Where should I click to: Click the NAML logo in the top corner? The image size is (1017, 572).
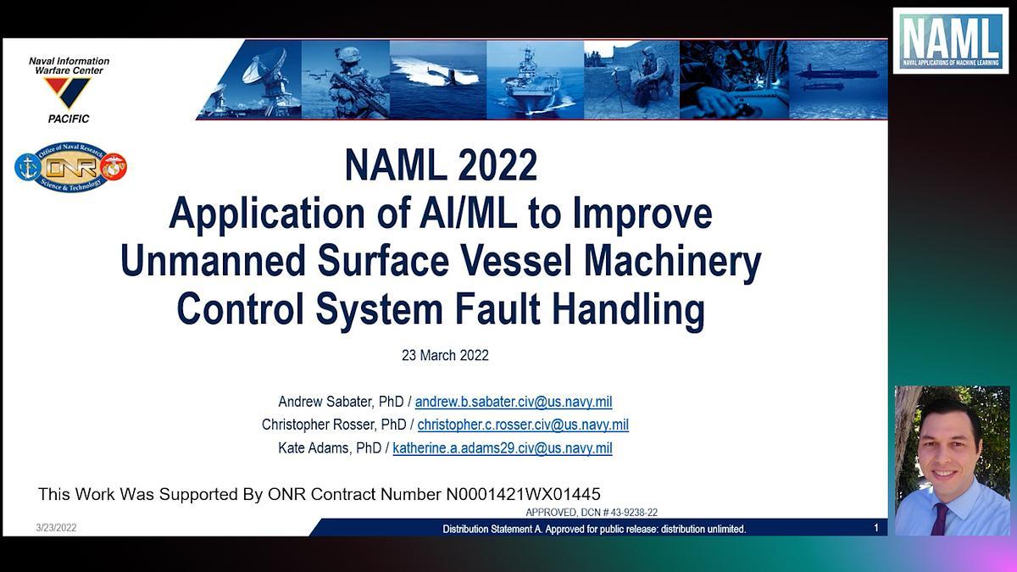coord(950,41)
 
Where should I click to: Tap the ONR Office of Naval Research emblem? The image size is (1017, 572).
coord(70,167)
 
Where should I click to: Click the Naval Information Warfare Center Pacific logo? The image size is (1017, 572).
coord(69,90)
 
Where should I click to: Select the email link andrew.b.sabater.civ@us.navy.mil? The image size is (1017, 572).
coord(513,402)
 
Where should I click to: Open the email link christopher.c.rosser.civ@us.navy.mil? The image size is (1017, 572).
coord(523,425)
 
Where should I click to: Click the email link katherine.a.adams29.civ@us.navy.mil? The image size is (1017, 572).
coord(502,447)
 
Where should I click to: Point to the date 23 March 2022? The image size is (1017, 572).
coord(445,356)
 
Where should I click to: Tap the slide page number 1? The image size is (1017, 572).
coord(876,528)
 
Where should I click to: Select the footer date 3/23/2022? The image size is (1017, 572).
coord(56,528)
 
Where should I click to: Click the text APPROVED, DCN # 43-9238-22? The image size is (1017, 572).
coord(592,513)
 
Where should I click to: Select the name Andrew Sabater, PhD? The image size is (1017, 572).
coord(341,402)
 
